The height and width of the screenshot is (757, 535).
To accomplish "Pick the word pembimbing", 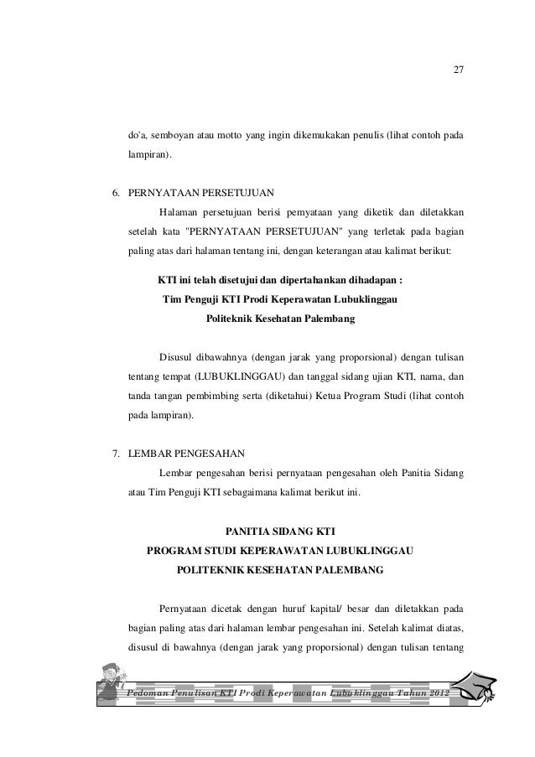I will click(x=221, y=394).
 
